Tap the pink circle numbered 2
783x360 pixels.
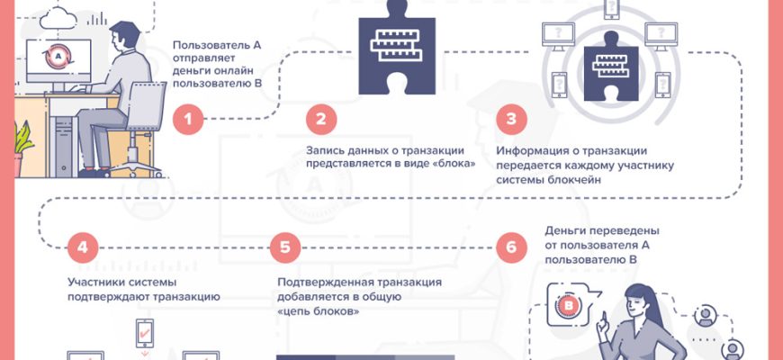point(321,119)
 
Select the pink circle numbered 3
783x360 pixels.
point(511,119)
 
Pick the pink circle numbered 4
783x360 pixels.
point(83,246)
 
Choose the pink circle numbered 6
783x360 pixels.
point(512,246)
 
